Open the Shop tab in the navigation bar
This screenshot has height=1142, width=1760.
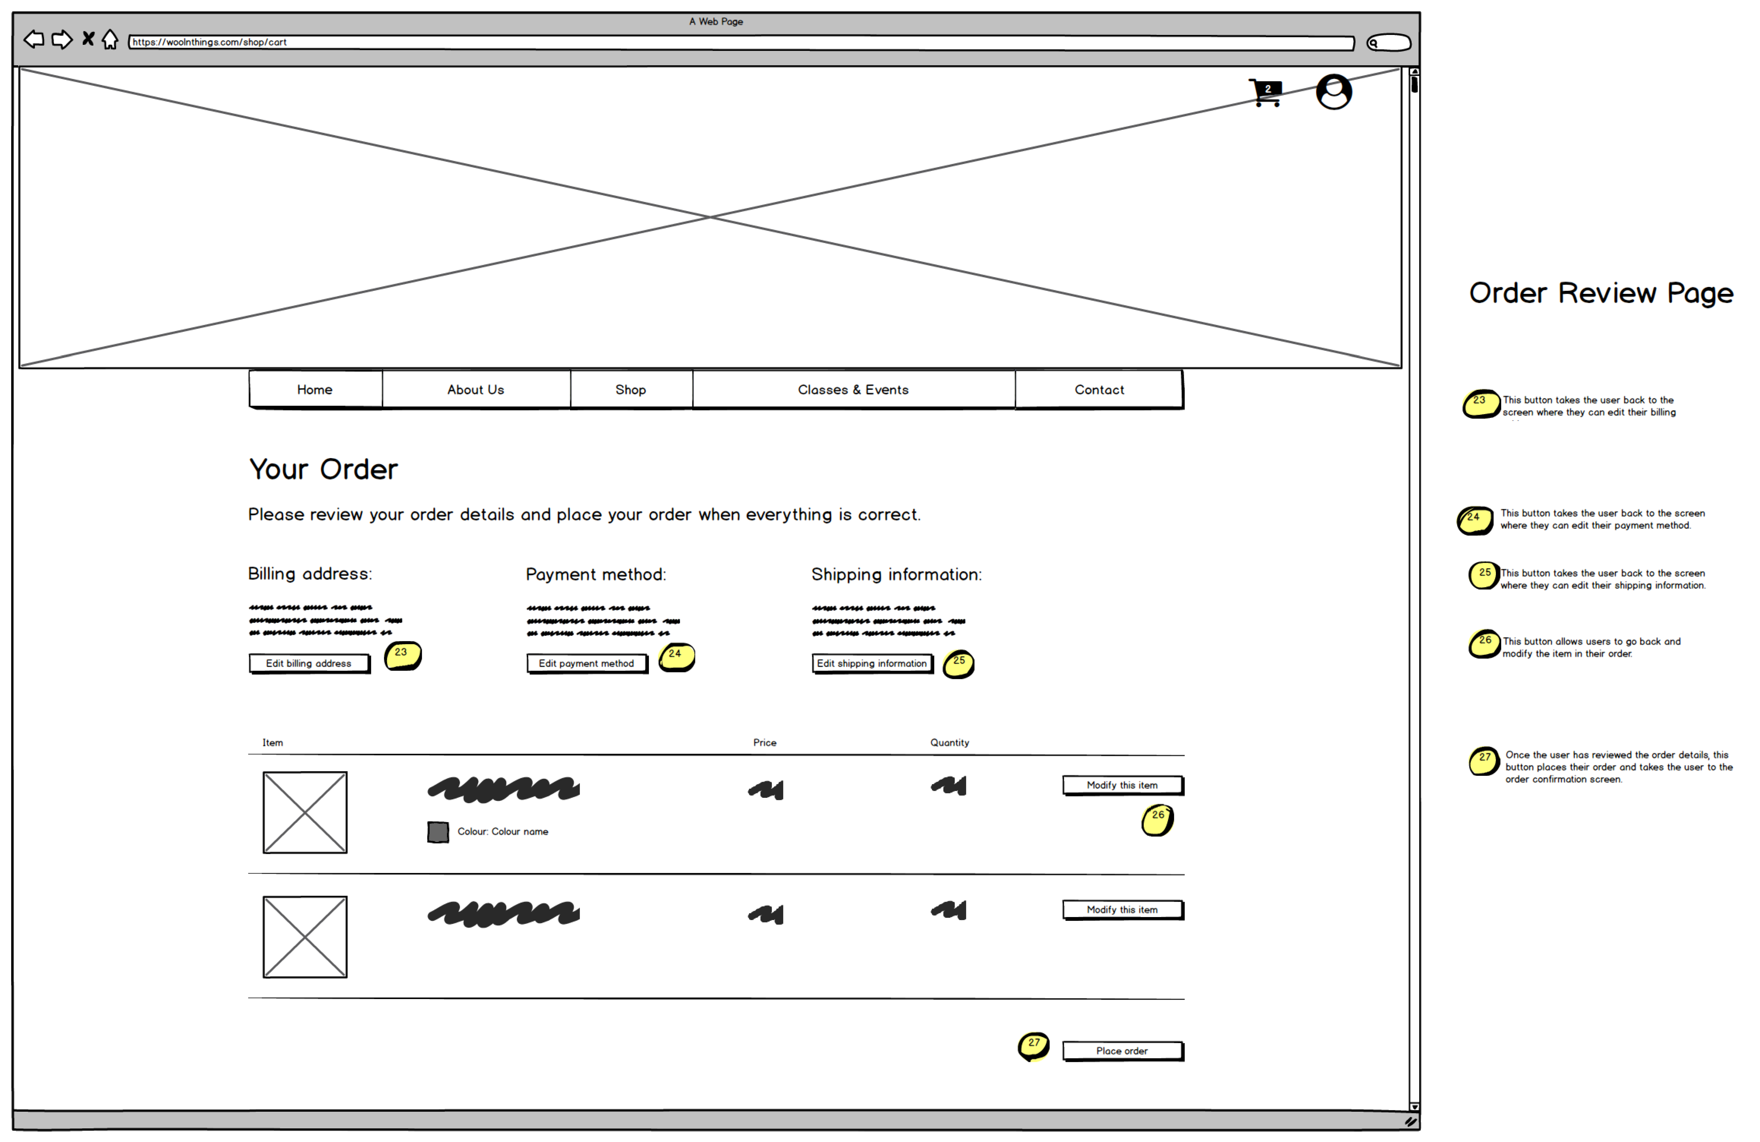(x=631, y=390)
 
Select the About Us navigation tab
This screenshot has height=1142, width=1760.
(x=475, y=390)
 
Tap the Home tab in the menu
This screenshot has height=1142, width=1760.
(x=315, y=390)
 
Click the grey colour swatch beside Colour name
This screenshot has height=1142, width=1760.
(x=438, y=832)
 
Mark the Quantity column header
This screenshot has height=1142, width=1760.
(x=949, y=743)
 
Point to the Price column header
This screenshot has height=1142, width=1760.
(x=765, y=743)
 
